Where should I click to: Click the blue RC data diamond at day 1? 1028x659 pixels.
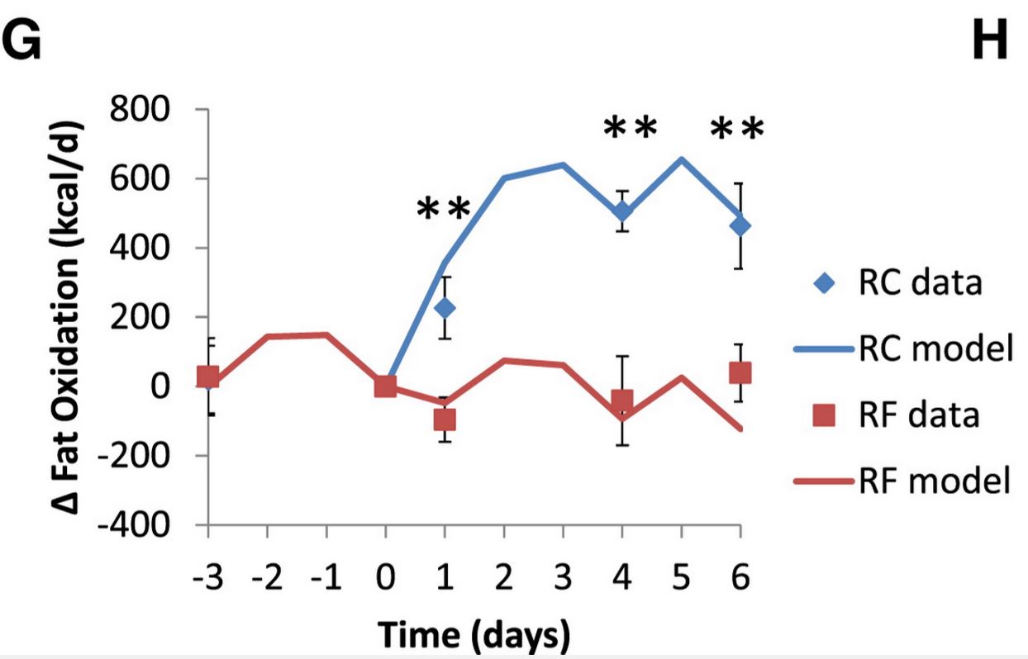tap(445, 308)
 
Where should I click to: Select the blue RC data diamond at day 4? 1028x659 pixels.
tap(622, 211)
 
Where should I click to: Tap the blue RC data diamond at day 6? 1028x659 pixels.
tap(740, 225)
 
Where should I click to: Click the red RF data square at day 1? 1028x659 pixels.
tap(445, 420)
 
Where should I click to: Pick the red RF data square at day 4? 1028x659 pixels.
tap(622, 401)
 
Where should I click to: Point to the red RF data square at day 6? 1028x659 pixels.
tap(740, 372)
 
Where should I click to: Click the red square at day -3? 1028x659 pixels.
tap(207, 377)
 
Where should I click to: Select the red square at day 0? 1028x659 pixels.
tap(385, 386)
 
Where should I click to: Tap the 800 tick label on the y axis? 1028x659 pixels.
tap(140, 109)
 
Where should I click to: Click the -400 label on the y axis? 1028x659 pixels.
tap(134, 524)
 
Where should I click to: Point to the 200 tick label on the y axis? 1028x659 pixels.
tap(140, 317)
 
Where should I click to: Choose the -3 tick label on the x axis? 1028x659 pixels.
tap(208, 576)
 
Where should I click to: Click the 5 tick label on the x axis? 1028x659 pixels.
tap(681, 576)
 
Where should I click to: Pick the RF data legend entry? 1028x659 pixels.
tap(895, 415)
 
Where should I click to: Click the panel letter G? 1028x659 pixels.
tap(21, 40)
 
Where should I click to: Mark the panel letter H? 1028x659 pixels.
tap(990, 40)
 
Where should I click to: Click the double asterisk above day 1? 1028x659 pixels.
tap(443, 209)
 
